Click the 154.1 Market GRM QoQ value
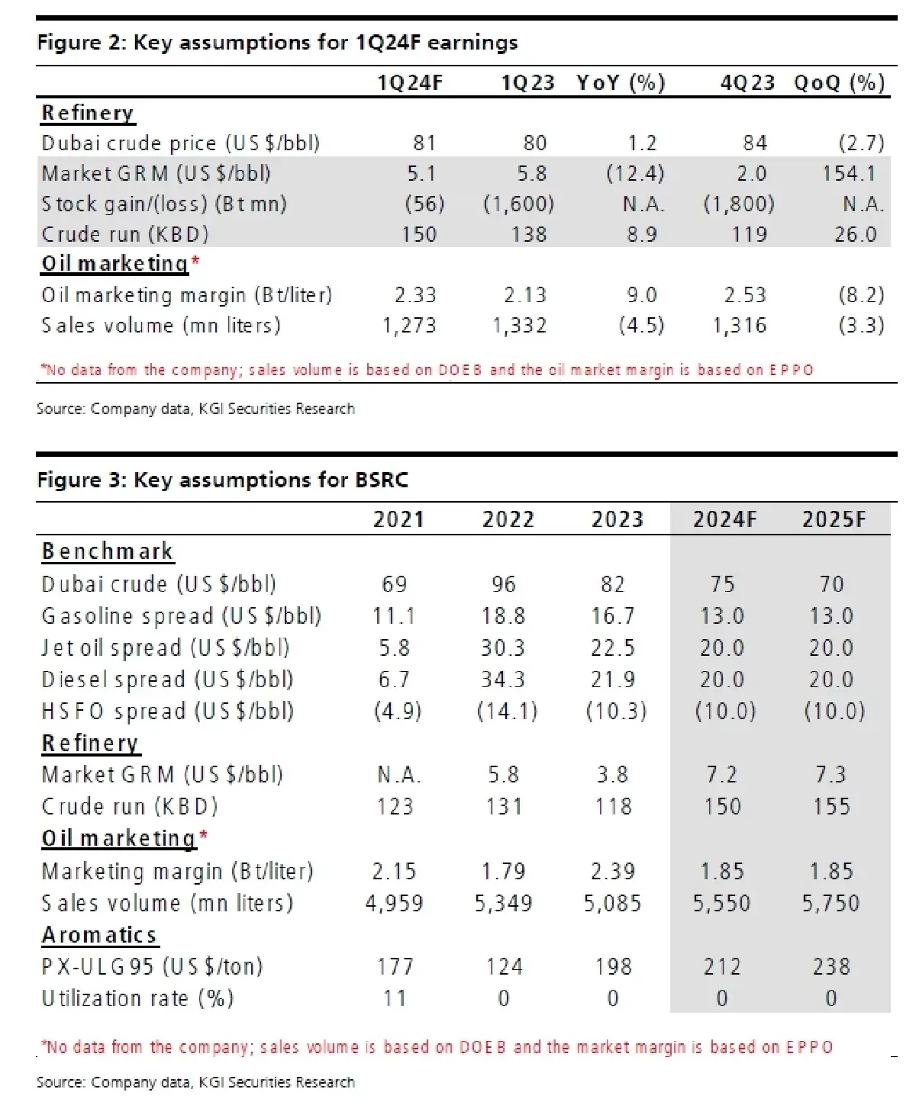(x=848, y=173)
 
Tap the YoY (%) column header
(x=621, y=82)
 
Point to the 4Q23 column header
(x=747, y=82)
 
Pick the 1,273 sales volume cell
(x=409, y=326)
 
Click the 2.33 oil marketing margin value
(x=415, y=295)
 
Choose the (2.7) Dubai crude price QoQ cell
(x=861, y=143)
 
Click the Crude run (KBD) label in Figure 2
(x=125, y=234)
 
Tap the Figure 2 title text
(x=277, y=42)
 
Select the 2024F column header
(x=724, y=519)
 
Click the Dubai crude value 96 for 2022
(x=504, y=584)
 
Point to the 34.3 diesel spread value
(x=503, y=679)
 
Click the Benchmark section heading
(x=108, y=551)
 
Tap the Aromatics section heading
(x=99, y=934)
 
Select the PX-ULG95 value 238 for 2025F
(x=831, y=966)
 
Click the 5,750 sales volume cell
(x=831, y=903)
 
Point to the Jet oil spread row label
(x=166, y=647)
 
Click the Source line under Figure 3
(x=195, y=1081)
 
